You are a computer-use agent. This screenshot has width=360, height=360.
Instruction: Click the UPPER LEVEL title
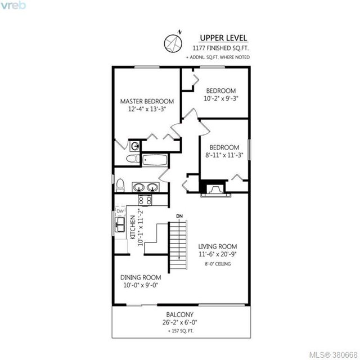point(223,38)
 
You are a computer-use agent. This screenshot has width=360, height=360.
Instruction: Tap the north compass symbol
point(173,43)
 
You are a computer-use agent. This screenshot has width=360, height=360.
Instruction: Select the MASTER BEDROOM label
point(147,101)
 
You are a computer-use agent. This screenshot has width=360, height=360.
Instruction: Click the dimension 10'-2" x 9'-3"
point(221,98)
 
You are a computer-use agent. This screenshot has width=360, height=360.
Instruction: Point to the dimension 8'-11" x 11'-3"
point(224,155)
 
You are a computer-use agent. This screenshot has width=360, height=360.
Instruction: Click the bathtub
point(155,160)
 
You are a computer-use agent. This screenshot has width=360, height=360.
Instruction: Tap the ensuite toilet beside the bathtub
point(133,159)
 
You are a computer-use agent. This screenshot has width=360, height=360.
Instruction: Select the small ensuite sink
point(135,146)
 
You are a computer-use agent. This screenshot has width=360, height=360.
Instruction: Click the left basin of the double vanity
point(139,187)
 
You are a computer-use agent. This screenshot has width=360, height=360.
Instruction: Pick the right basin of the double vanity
point(152,187)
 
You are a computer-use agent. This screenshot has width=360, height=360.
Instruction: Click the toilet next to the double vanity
point(120,185)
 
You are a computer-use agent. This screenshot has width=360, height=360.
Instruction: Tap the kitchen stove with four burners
point(145,200)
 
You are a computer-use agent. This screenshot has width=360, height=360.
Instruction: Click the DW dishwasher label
point(120,211)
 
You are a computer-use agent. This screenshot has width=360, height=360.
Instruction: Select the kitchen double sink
point(120,224)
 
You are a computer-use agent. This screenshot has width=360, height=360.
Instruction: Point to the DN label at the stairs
point(179,216)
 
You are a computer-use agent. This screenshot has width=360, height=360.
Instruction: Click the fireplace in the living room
point(215,189)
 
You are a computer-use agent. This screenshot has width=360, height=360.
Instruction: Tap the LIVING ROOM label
point(218,246)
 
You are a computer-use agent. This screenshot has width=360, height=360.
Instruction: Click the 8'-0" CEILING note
point(218,264)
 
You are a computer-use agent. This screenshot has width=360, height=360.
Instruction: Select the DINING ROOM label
point(141,277)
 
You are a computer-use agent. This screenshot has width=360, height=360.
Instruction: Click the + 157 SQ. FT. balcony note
point(181,331)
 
